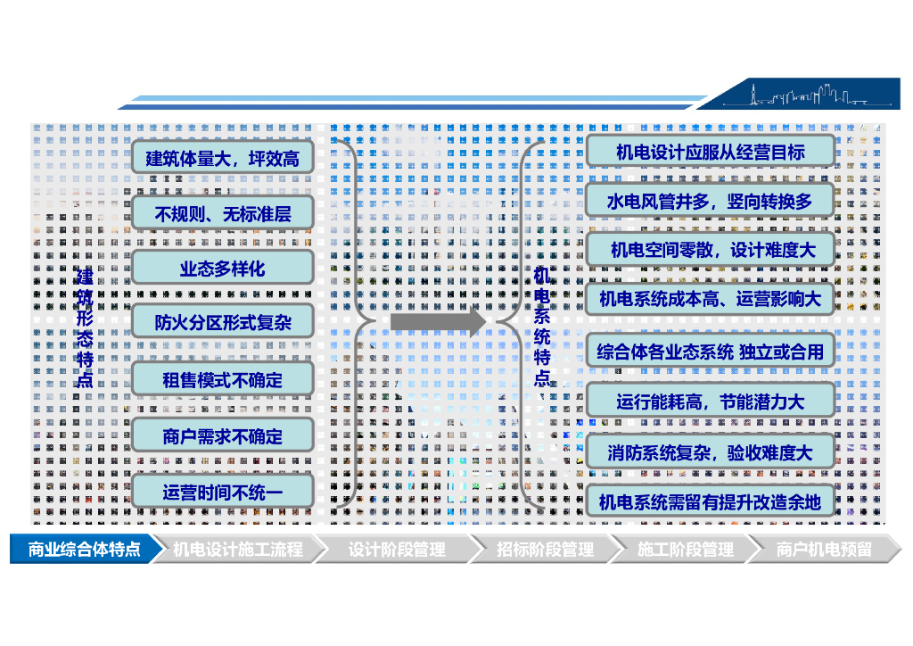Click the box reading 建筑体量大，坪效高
[x=222, y=159]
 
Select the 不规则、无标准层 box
[x=222, y=214]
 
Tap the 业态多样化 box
[x=222, y=268]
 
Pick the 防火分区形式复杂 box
[x=222, y=322]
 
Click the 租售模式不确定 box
[x=222, y=379]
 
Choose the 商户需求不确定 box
[x=222, y=436]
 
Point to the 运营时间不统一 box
[x=222, y=492]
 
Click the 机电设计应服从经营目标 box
[x=710, y=152]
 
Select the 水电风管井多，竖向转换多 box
[x=710, y=201]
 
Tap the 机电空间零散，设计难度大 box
[x=710, y=250]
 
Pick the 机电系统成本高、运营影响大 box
[x=710, y=299]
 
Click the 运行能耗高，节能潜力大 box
[x=710, y=401]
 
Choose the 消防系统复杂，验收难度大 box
[x=710, y=451]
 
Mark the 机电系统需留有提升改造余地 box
[x=710, y=501]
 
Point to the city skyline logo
[x=808, y=94]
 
